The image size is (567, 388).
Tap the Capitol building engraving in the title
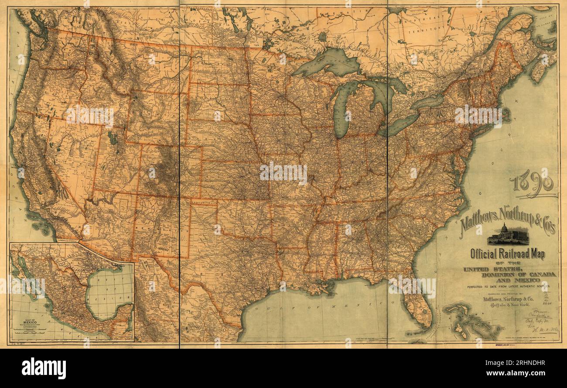coord(508,235)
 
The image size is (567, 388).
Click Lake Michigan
coord(343,109)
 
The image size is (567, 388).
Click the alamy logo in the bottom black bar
coord(44,368)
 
